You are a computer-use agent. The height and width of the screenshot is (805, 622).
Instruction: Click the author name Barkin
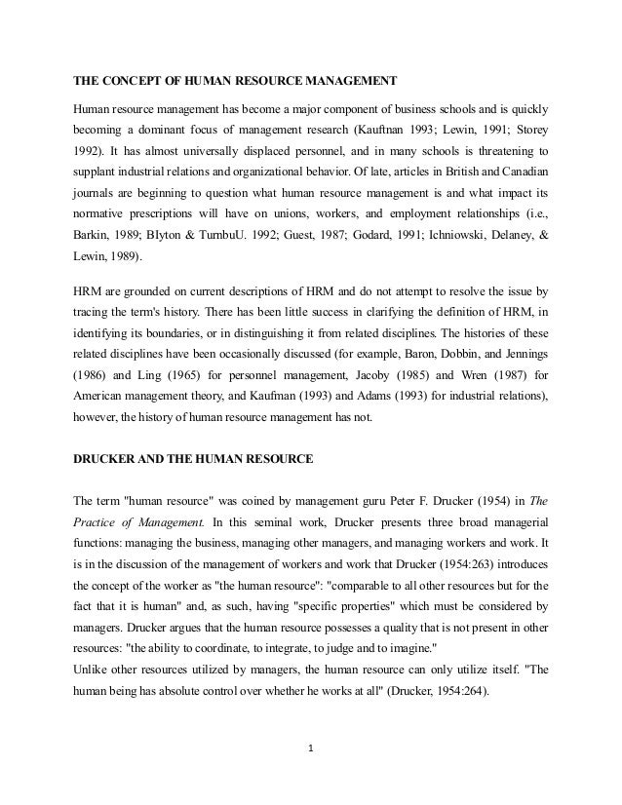(x=96, y=235)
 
